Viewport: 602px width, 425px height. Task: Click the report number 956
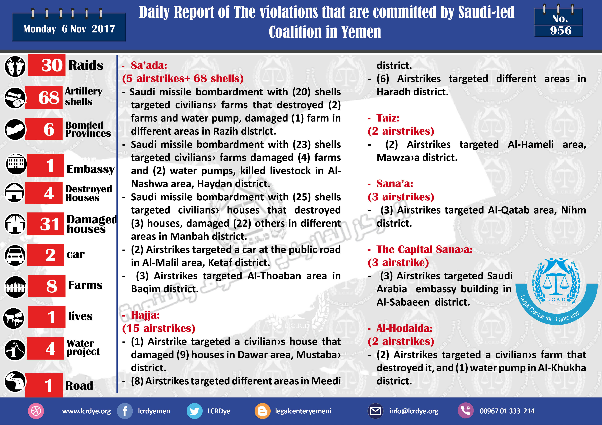coord(561,31)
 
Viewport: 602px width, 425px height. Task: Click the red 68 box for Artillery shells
coord(44,97)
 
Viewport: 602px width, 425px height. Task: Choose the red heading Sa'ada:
coord(149,65)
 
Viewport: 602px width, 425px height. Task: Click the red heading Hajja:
coord(145,315)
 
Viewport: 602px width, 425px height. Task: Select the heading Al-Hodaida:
coord(404,328)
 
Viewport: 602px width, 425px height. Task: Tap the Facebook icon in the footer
coord(125,411)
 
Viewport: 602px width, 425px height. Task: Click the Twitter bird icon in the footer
coord(194,411)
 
